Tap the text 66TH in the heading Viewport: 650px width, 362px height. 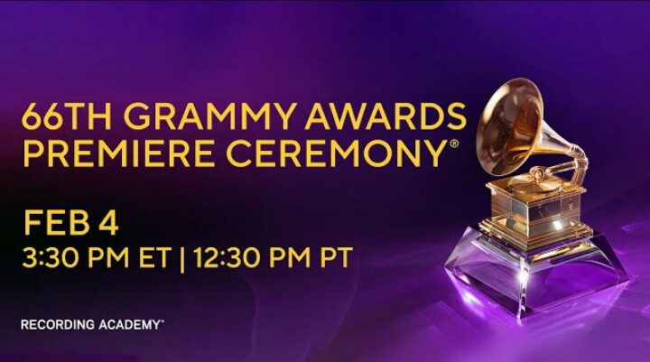pyautogui.click(x=66, y=116)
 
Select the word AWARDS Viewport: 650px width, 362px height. pyautogui.click(x=385, y=116)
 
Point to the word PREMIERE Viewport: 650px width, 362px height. pyautogui.click(x=119, y=153)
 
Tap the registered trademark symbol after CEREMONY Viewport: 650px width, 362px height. pyautogui.click(x=454, y=144)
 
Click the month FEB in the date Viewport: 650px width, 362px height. pyautogui.click(x=56, y=223)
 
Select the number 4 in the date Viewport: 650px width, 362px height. pyautogui.click(x=108, y=223)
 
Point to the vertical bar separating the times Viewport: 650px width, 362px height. pyautogui.click(x=182, y=259)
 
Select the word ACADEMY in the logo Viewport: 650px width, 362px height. pyautogui.click(x=130, y=325)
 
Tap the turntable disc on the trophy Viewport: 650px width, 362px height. pyautogui.click(x=534, y=180)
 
